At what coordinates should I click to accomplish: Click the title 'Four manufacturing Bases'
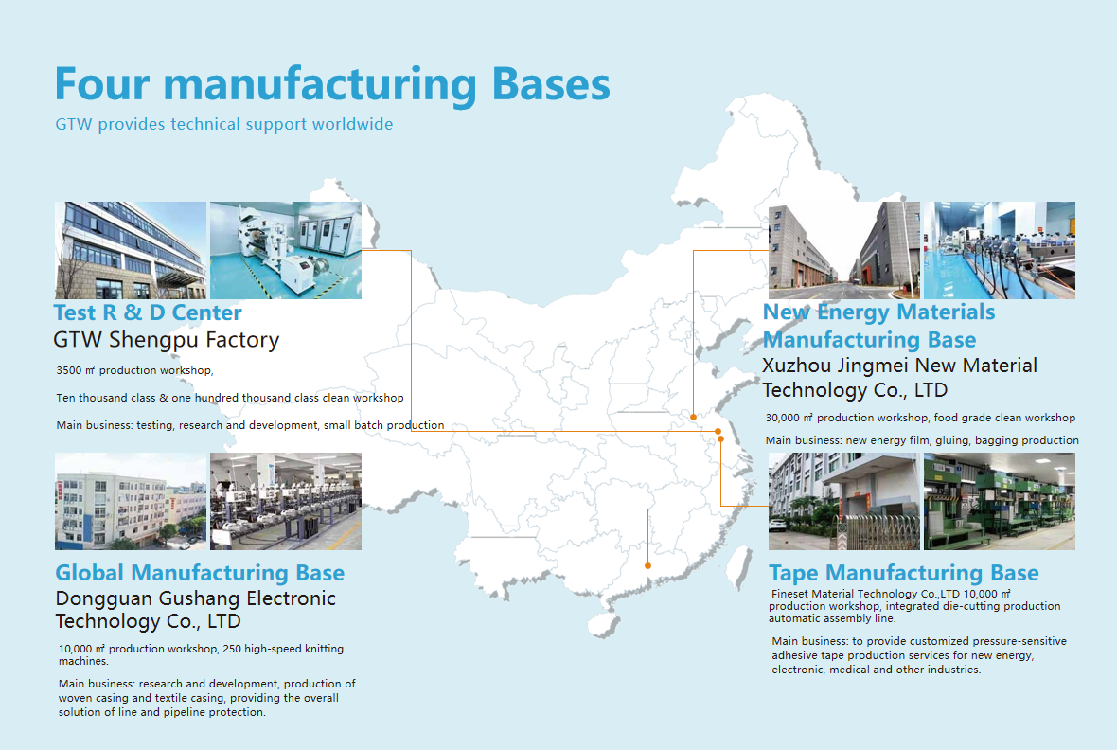tap(332, 84)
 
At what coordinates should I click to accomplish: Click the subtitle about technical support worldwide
tap(223, 124)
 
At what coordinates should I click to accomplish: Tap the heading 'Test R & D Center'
tap(148, 312)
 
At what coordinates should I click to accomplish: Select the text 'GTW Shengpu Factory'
tap(167, 340)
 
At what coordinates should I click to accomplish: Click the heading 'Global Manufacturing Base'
tap(200, 573)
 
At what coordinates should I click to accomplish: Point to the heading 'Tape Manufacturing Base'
tap(903, 573)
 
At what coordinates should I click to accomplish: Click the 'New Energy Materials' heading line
tap(878, 312)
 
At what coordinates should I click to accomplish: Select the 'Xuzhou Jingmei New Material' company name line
tap(899, 366)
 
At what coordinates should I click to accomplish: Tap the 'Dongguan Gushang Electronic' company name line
tap(195, 598)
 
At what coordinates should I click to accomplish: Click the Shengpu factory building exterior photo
tap(131, 250)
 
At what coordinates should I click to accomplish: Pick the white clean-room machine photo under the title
tap(285, 250)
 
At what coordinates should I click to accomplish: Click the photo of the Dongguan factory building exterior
tap(131, 501)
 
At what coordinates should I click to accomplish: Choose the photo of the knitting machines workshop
tap(285, 501)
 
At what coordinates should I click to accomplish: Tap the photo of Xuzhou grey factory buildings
tap(843, 250)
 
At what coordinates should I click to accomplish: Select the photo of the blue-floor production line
tap(999, 250)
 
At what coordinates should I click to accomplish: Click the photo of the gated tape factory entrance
tap(843, 501)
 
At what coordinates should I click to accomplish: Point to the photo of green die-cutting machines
tap(999, 501)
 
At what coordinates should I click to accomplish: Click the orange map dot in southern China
tap(647, 566)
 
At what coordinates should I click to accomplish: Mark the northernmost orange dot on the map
tap(693, 417)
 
